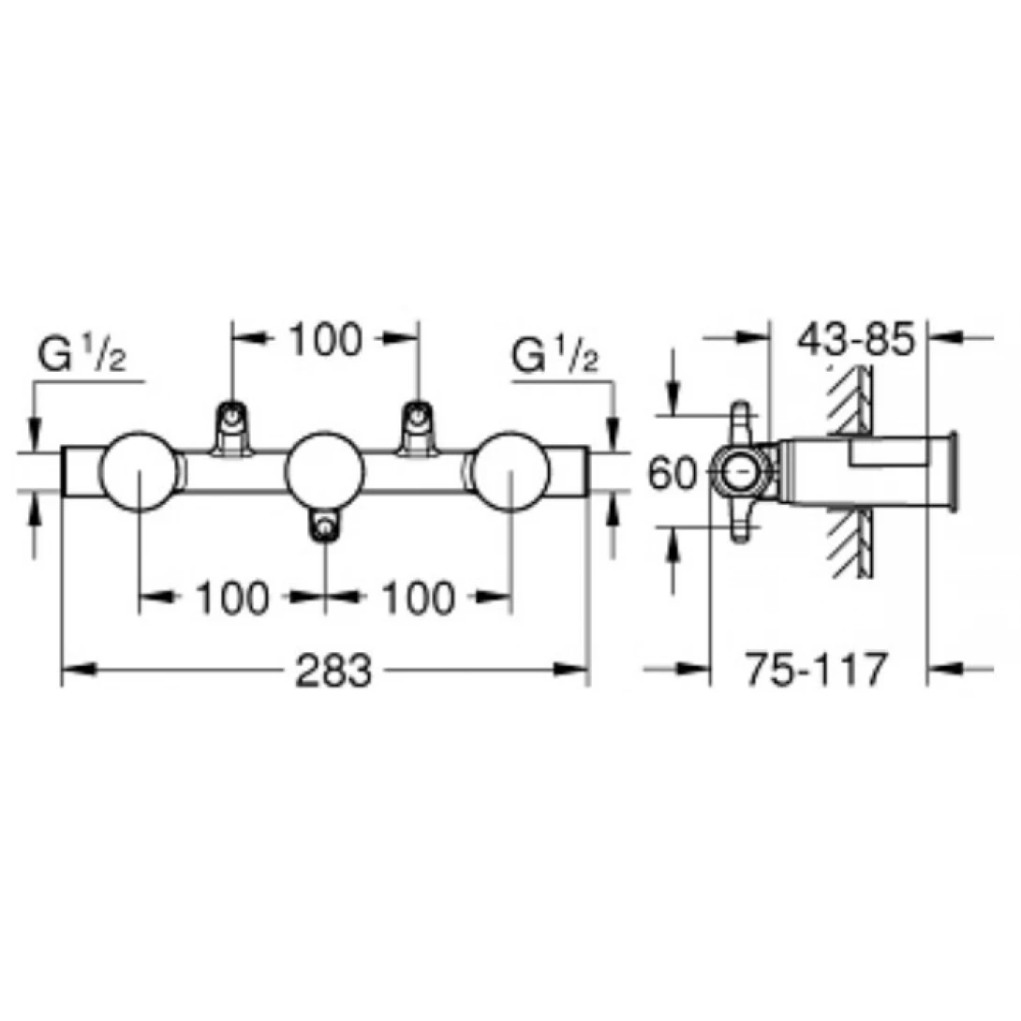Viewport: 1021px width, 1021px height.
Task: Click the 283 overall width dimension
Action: coord(333,670)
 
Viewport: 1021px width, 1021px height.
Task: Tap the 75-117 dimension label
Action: coord(816,669)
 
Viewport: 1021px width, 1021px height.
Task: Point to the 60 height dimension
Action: coord(672,473)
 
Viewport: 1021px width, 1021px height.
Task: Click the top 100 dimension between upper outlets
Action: coord(325,339)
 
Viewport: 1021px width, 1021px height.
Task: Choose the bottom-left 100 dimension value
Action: coord(232,598)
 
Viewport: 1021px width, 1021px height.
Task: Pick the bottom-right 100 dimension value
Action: coord(418,598)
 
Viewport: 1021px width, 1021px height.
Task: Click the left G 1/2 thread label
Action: coord(82,355)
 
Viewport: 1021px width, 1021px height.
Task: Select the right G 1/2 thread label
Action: coord(555,355)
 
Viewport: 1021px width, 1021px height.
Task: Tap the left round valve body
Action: coord(139,471)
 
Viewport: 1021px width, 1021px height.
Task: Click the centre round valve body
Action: coord(324,471)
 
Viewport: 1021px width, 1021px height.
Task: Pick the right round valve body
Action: coord(510,471)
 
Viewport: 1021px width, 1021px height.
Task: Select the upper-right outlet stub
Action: coord(417,426)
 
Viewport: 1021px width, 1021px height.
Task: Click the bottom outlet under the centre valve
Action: coord(324,525)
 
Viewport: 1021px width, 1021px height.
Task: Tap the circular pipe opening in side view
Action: coord(741,471)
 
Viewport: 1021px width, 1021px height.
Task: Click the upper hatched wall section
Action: coord(849,398)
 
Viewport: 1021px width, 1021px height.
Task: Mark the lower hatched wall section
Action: coord(849,543)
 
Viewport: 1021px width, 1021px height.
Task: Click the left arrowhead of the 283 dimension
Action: coord(79,669)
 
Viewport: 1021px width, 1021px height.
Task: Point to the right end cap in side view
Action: coord(954,471)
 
